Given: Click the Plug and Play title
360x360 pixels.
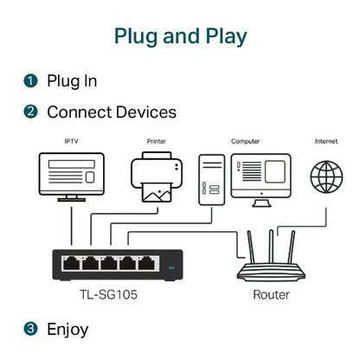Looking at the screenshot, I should pos(180,36).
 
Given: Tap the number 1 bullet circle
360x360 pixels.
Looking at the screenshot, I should pos(31,80).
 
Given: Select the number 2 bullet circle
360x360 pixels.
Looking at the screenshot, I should pos(31,112).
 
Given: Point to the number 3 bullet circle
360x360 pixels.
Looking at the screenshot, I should pos(31,329).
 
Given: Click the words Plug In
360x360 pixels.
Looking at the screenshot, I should pos(72,80).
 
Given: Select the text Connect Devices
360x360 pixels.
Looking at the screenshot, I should pos(112,112).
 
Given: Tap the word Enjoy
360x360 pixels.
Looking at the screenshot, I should pos(67,329).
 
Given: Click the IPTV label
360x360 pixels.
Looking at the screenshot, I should pos(71,140).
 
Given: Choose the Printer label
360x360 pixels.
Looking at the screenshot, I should pos(157,140).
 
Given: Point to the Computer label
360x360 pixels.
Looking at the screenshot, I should pos(245,140).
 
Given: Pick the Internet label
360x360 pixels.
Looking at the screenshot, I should pos(326,140).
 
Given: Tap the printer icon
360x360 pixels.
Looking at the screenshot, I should pos(157,177).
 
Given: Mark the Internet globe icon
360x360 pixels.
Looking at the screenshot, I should pos(327,177).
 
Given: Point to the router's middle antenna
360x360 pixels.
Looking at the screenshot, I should pos(266,244).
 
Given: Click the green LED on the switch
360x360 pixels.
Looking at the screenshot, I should pos(171,267).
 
